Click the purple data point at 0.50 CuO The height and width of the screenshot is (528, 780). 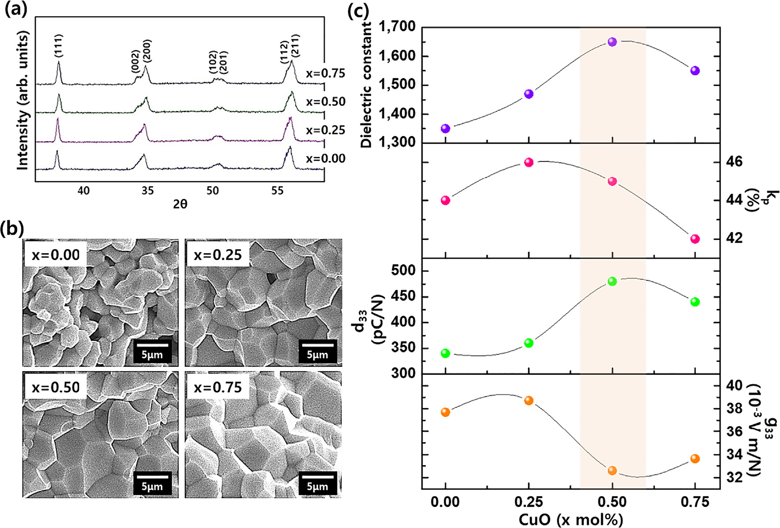[612, 42]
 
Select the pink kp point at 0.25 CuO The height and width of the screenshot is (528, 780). [529, 162]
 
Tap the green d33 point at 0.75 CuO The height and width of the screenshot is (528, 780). [695, 302]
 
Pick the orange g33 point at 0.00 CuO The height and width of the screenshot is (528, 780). [445, 412]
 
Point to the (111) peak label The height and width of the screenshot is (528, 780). [59, 45]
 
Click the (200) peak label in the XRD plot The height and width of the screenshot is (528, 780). [147, 51]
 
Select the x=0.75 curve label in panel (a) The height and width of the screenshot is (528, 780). [326, 74]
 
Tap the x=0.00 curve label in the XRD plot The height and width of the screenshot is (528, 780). [326, 159]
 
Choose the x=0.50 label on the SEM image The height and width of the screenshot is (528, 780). [55, 387]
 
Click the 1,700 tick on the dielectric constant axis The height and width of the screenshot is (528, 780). [397, 27]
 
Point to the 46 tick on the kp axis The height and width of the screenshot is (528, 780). [733, 162]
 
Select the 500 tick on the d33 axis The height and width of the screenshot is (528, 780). [403, 270]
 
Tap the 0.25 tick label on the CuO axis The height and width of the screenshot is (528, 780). [529, 502]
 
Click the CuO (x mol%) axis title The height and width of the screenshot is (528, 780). [570, 520]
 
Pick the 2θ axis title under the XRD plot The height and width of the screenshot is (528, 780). [180, 204]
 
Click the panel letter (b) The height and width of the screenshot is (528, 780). [12, 229]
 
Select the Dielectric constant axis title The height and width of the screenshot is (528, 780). [366, 85]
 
